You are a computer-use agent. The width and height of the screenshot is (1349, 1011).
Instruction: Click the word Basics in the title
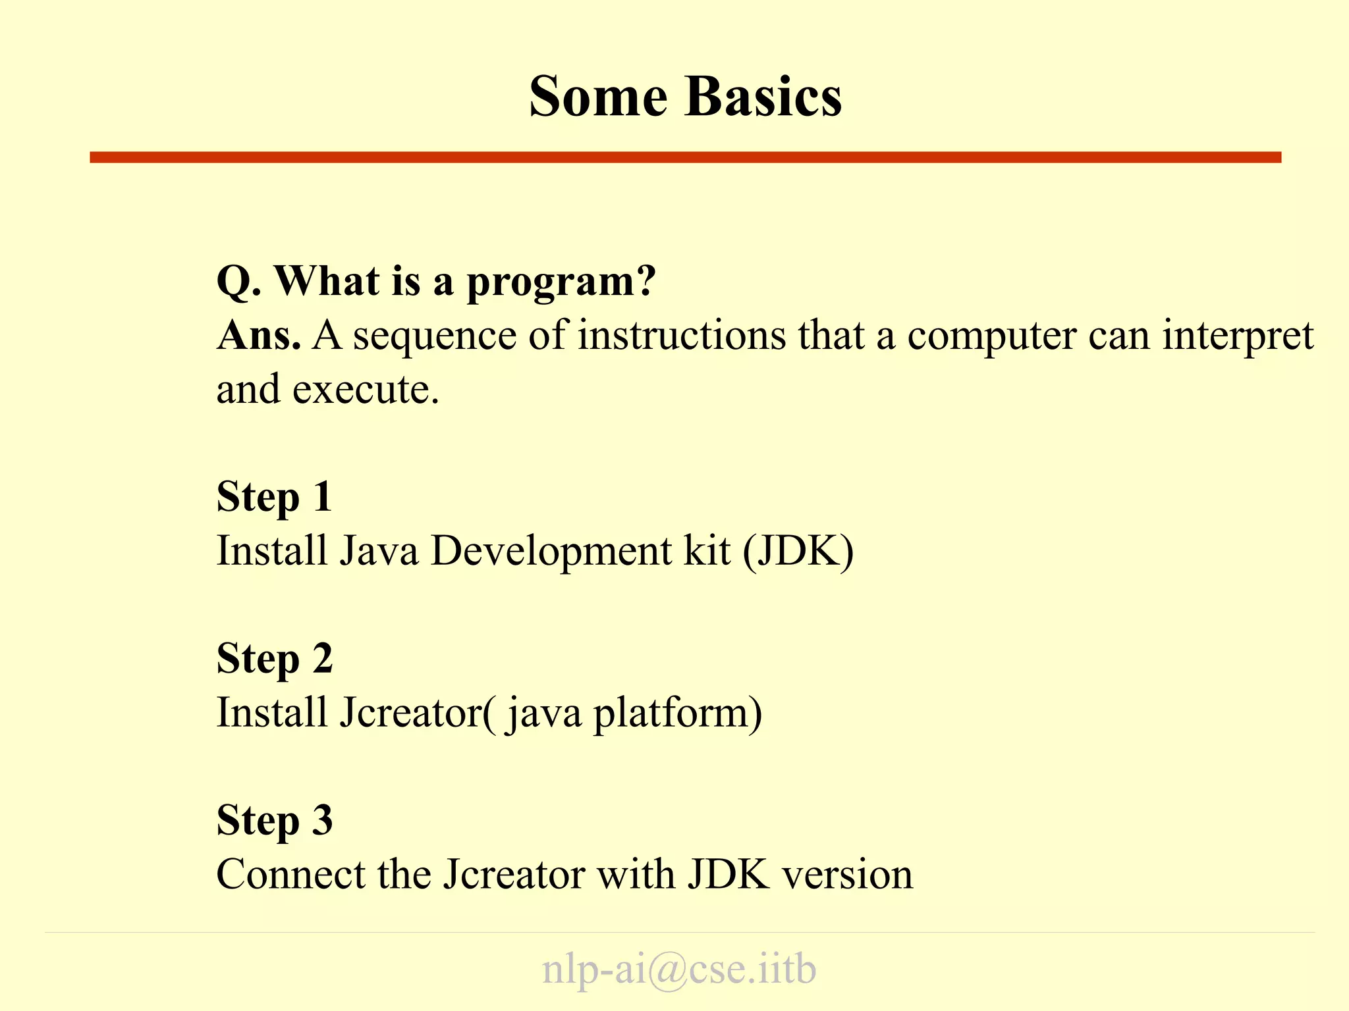[x=763, y=97]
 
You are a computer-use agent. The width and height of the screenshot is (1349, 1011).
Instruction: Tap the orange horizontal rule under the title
[x=685, y=157]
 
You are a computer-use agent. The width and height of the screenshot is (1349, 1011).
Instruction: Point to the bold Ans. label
[x=259, y=336]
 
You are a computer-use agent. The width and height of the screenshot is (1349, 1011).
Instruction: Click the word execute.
[x=366, y=390]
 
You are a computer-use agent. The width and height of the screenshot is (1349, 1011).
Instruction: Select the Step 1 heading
[x=274, y=498]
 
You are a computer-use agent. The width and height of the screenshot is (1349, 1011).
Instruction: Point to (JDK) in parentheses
[x=798, y=551]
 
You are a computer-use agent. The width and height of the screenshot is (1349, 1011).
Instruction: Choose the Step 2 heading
[x=275, y=660]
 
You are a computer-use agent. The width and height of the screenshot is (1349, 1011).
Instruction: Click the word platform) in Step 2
[x=678, y=714]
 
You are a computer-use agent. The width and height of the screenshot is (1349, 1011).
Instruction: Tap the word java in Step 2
[x=544, y=714]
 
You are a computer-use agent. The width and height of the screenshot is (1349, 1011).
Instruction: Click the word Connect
[x=290, y=875]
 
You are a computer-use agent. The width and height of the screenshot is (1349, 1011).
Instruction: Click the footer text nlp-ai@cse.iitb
[x=679, y=970]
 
